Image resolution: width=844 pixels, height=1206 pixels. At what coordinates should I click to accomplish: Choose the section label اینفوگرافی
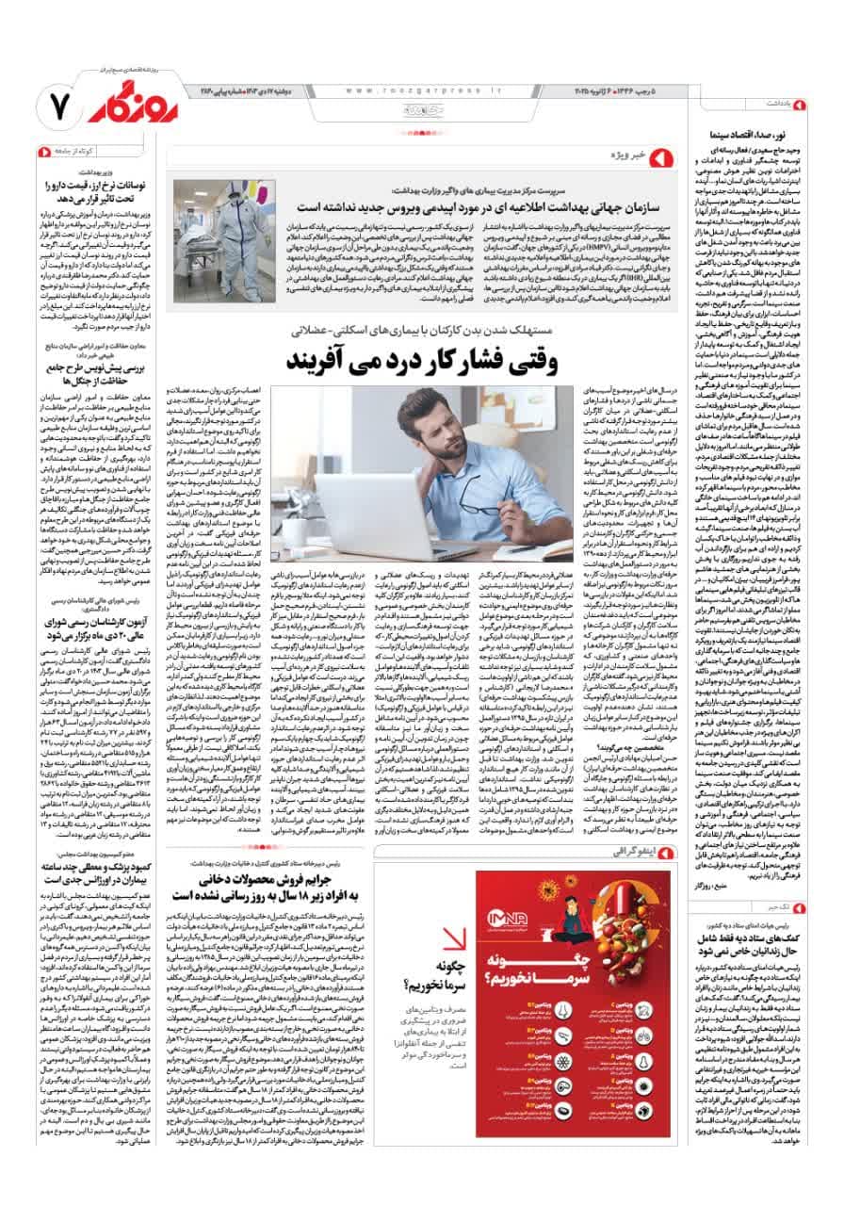pyautogui.click(x=631, y=854)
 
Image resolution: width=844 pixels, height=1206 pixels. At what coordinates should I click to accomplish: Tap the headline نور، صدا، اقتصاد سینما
pyautogui.click(x=753, y=135)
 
